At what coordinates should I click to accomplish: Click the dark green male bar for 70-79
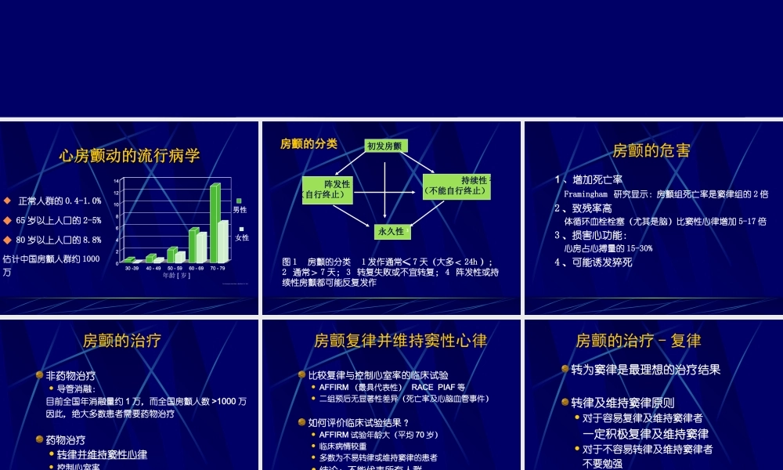pyautogui.click(x=215, y=222)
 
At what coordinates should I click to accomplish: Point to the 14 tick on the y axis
pyautogui.click(x=116, y=181)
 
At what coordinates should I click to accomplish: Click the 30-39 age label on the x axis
pyautogui.click(x=132, y=268)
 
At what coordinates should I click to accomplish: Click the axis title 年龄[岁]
pyautogui.click(x=176, y=275)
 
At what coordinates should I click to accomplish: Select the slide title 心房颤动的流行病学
pyautogui.click(x=130, y=155)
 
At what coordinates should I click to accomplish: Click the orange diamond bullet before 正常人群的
pyautogui.click(x=7, y=201)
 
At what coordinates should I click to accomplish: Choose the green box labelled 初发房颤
pyautogui.click(x=384, y=146)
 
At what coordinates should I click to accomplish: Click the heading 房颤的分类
pyautogui.click(x=309, y=144)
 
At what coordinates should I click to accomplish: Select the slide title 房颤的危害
pyautogui.click(x=651, y=150)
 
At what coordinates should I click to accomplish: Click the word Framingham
pyautogui.click(x=586, y=193)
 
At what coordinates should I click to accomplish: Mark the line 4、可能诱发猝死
pyautogui.click(x=593, y=262)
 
